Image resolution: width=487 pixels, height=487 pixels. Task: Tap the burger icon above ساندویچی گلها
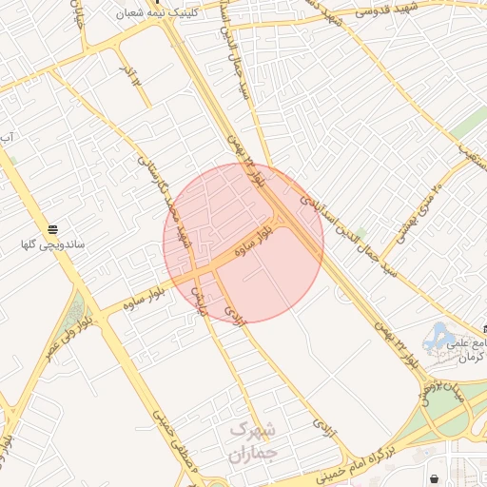pos(53,229)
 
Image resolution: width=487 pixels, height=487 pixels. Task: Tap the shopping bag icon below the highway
pos(435,478)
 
